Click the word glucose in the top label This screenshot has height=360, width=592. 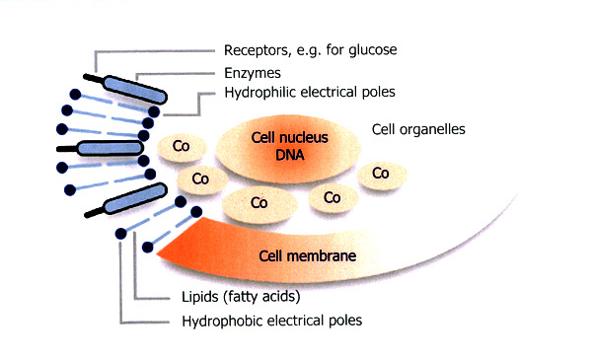373,50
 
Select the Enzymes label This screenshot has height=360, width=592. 253,73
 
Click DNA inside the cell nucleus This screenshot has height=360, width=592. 289,155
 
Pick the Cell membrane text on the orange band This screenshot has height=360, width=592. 307,255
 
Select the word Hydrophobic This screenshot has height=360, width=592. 222,322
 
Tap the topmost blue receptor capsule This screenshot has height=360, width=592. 135,90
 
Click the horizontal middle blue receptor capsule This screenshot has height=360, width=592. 110,148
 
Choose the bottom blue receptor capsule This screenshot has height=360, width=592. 135,198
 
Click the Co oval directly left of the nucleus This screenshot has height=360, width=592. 182,147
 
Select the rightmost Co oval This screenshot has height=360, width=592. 382,175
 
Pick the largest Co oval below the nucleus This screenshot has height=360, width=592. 259,204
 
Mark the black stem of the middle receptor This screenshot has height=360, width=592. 67,149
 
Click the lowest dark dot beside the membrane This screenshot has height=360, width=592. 148,248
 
